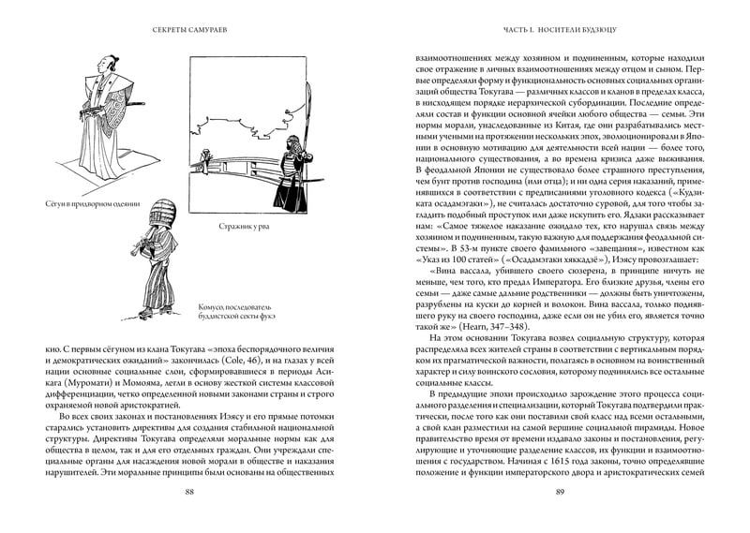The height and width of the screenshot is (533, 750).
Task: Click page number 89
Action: point(560,495)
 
